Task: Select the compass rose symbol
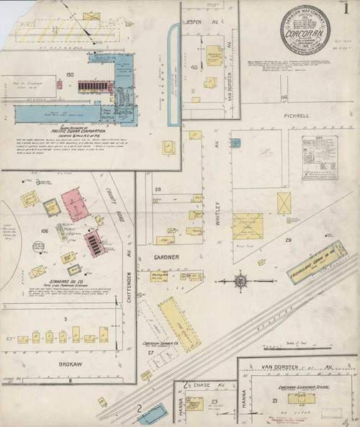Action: coord(240,280)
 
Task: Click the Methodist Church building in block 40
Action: coord(215,56)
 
